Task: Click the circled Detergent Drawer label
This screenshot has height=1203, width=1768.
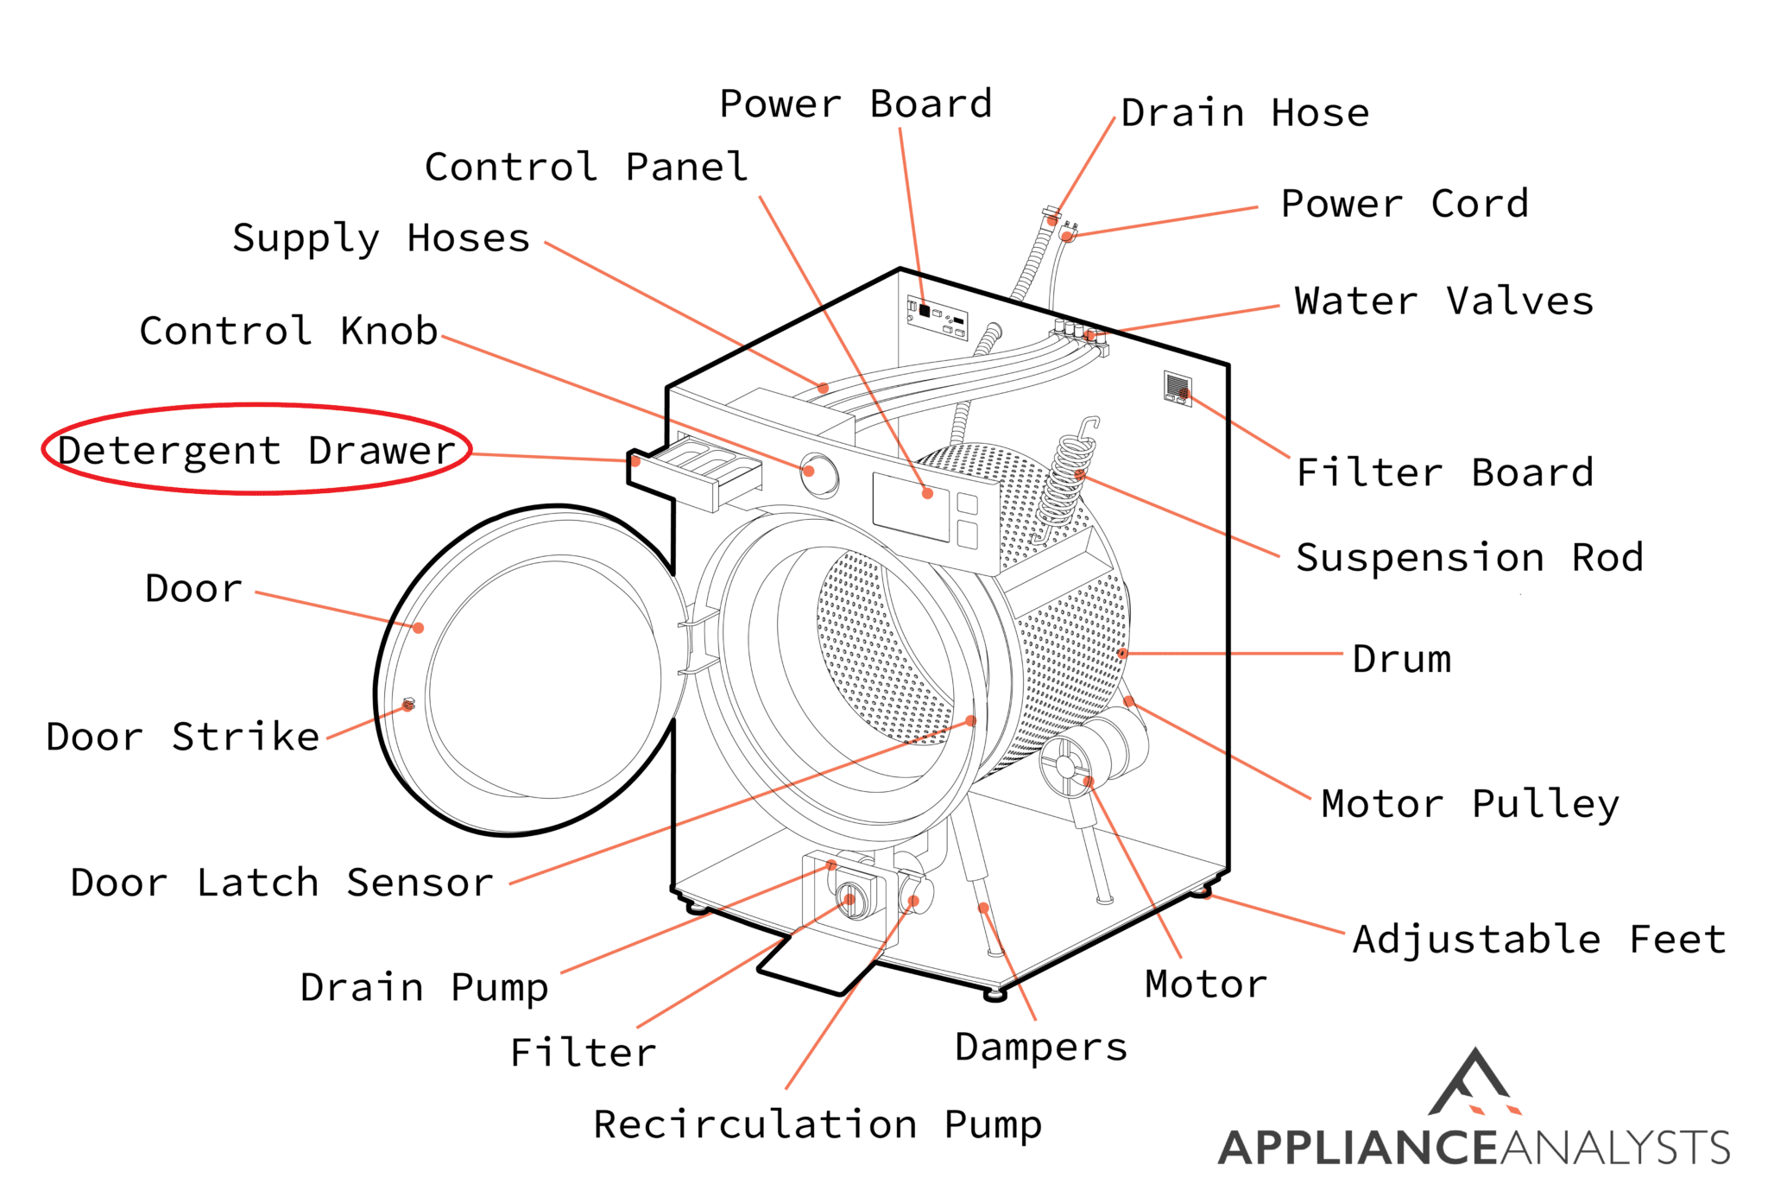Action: click(256, 450)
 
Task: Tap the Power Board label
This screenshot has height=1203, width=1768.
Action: click(856, 104)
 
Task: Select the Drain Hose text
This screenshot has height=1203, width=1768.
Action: click(1245, 113)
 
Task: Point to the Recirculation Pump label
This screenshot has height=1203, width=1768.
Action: click(818, 1124)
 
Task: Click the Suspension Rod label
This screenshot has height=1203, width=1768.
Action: click(1469, 557)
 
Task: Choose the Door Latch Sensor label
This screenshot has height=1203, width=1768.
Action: click(281, 883)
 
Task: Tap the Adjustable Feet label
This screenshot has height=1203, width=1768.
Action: click(1539, 939)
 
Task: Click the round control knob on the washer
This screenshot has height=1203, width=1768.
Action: click(818, 474)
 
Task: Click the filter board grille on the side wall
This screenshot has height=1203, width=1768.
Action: click(1178, 387)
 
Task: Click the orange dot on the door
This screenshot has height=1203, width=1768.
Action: click(418, 628)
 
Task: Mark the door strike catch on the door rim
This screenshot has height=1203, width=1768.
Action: click(409, 704)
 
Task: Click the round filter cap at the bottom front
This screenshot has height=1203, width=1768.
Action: click(850, 899)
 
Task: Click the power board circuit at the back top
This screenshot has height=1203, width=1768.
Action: click(937, 317)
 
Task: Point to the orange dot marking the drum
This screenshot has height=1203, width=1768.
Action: click(1122, 653)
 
